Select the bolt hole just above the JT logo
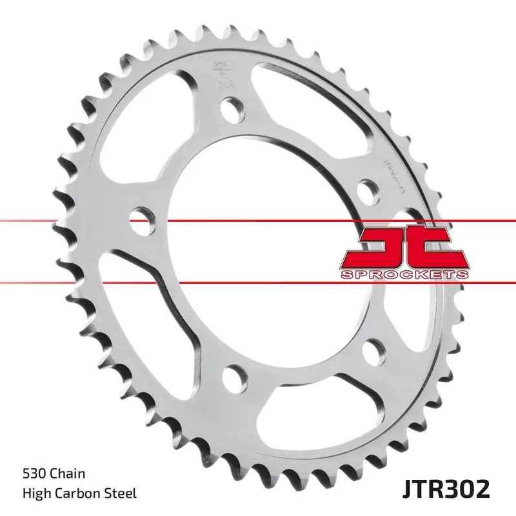(367, 191)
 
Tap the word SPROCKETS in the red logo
(404, 274)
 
